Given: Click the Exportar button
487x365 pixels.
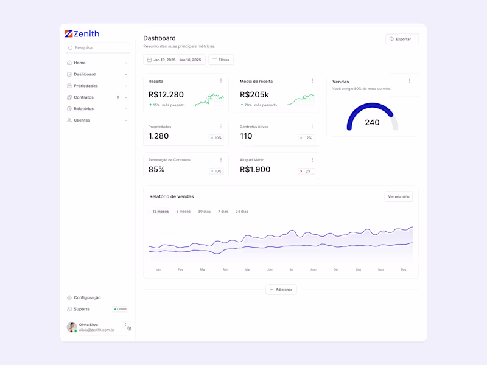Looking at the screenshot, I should tap(402, 39).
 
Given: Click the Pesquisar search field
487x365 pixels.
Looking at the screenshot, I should tap(97, 47).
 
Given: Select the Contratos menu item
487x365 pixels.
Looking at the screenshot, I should tap(83, 97).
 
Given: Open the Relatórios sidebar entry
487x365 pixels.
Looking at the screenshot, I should tap(83, 109).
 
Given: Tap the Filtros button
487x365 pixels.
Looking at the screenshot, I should tap(221, 60).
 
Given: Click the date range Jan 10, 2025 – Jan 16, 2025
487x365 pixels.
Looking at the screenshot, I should tap(174, 60).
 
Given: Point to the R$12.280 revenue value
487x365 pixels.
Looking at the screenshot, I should tap(166, 94).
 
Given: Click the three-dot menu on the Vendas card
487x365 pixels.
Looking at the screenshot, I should tap(410, 81).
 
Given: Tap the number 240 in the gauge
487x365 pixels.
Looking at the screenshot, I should tap(372, 122).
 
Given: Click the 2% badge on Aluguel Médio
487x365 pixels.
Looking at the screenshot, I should tap(306, 171).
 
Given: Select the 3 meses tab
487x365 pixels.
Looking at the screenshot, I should tap(183, 212).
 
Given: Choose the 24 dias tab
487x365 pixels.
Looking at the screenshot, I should tap(242, 212).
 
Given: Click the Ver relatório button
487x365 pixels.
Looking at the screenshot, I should tap(399, 196).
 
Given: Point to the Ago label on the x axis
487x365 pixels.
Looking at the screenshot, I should tap(314, 269).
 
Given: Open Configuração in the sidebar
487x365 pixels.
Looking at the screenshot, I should tap(87, 297).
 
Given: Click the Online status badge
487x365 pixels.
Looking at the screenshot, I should tap(121, 309).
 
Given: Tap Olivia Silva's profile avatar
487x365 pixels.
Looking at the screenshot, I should tap(72, 327).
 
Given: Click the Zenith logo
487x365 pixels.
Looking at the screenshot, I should tap(82, 34).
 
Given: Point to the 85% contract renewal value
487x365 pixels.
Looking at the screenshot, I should tap(156, 169).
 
